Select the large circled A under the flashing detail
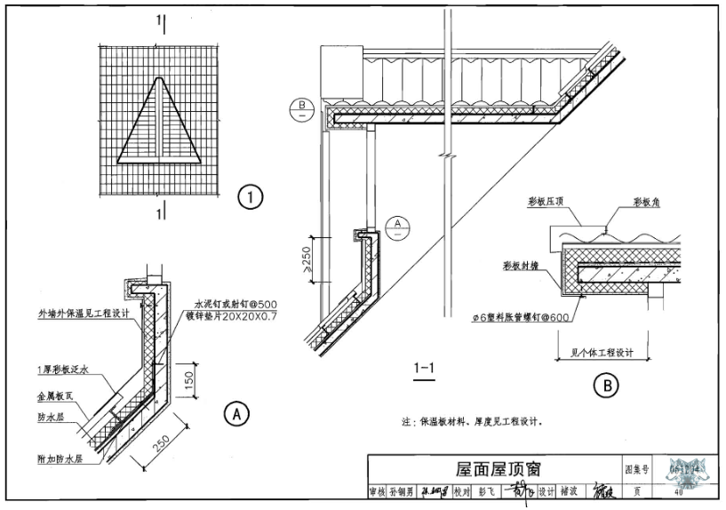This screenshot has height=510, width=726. pyautogui.click(x=235, y=412)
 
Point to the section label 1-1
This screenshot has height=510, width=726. pyautogui.click(x=423, y=368)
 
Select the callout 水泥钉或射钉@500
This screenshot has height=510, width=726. pyautogui.click(x=226, y=305)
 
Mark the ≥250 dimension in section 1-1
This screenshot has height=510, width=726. pyautogui.click(x=303, y=257)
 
